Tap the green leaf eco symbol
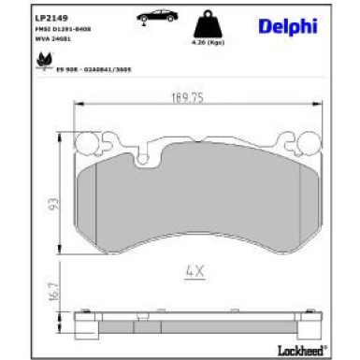click(x=42, y=62)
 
